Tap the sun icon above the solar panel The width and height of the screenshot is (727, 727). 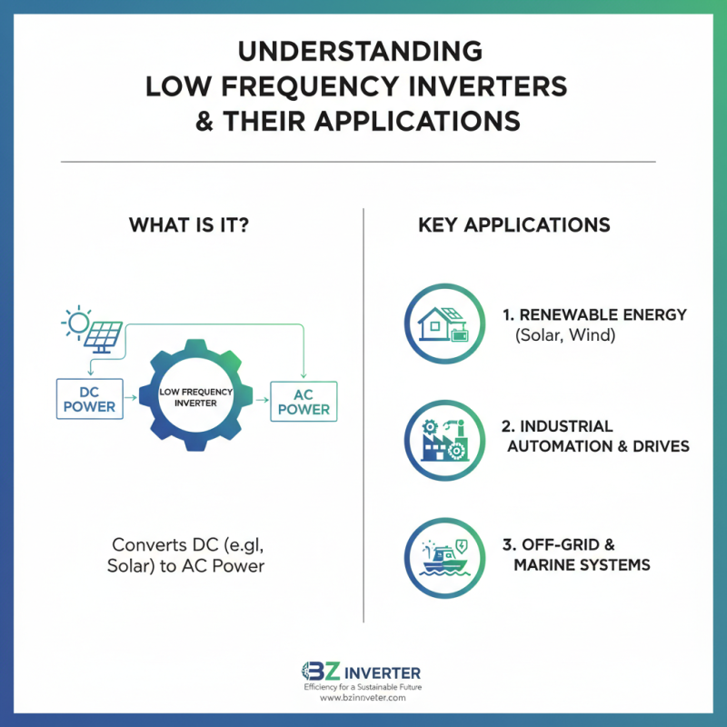[77, 322]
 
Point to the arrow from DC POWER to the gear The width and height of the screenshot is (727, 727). [131, 398]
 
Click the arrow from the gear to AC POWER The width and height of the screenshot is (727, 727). [263, 400]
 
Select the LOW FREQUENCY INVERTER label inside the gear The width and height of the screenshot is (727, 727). [195, 397]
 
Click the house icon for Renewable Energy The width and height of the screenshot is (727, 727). [443, 324]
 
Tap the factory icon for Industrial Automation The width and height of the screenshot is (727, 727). [444, 440]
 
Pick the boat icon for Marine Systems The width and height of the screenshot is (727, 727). [444, 557]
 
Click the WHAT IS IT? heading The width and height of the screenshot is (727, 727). [189, 224]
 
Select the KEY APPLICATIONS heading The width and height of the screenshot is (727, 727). [514, 224]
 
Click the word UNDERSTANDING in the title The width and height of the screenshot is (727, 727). [360, 51]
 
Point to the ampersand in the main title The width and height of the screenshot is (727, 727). [204, 122]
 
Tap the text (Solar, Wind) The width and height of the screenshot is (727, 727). [565, 334]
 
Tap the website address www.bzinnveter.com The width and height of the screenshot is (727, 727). [363, 697]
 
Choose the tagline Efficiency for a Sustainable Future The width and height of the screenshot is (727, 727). [363, 687]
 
